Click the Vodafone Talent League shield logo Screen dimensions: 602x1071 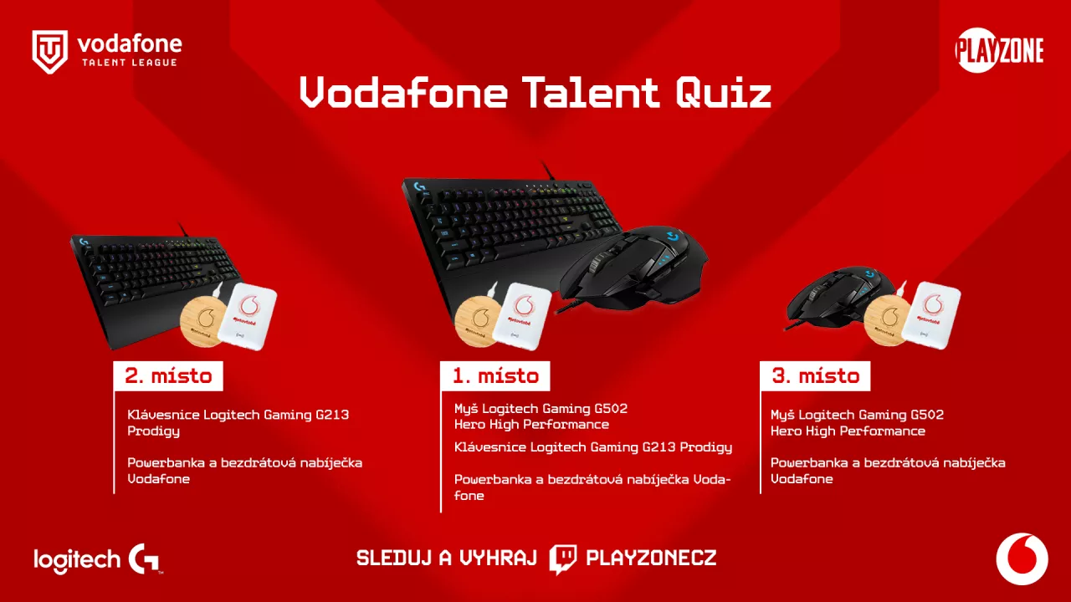tap(49, 52)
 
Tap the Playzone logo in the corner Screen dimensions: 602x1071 tap(999, 51)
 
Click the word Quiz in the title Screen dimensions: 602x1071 tap(723, 93)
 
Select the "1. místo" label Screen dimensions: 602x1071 tap(495, 376)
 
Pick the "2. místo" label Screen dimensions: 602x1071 tap(168, 376)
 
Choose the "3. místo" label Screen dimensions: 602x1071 tap(815, 376)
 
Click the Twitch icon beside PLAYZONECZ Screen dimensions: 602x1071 tap(563, 559)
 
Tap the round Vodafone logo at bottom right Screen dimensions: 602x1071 tap(1022, 559)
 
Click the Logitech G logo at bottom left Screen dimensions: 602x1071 tap(145, 559)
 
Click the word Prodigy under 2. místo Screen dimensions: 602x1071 tap(153, 431)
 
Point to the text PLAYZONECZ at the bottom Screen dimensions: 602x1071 tap(651, 559)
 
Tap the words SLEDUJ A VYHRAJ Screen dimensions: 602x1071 tap(446, 559)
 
